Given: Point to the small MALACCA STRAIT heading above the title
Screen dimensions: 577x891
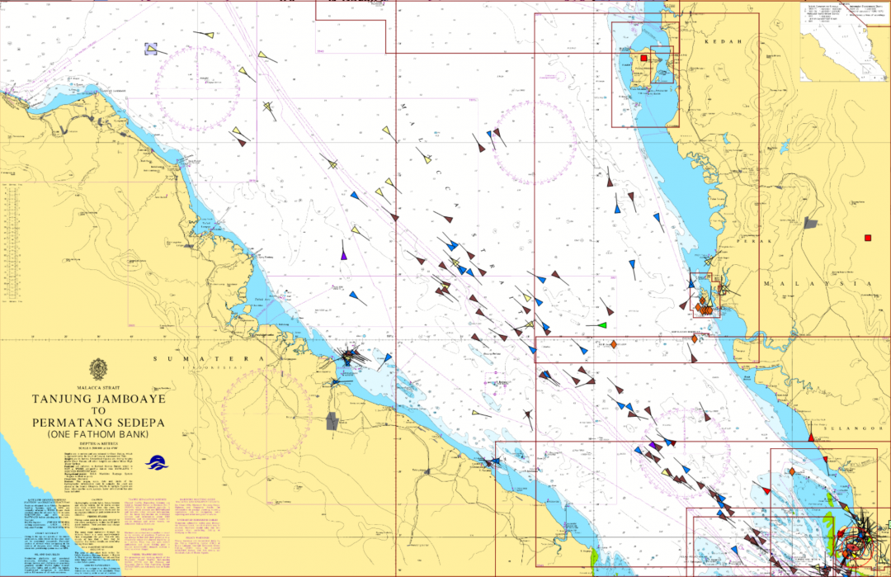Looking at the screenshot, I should [x=98, y=386].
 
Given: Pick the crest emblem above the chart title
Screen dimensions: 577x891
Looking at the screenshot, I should [x=98, y=368].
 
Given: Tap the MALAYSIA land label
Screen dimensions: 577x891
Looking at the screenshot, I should [x=817, y=283].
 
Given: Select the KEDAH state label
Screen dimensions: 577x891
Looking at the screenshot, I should [x=718, y=40].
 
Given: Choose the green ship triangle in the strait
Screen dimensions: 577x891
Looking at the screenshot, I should [x=602, y=324].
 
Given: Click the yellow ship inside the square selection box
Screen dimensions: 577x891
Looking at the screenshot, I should [x=152, y=49].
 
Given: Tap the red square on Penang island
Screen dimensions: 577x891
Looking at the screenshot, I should [x=643, y=59].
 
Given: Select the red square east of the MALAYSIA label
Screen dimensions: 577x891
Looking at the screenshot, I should [x=868, y=239].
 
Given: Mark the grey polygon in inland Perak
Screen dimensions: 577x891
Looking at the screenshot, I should [x=811, y=222].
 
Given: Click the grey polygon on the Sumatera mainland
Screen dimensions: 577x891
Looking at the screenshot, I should [x=332, y=422].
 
